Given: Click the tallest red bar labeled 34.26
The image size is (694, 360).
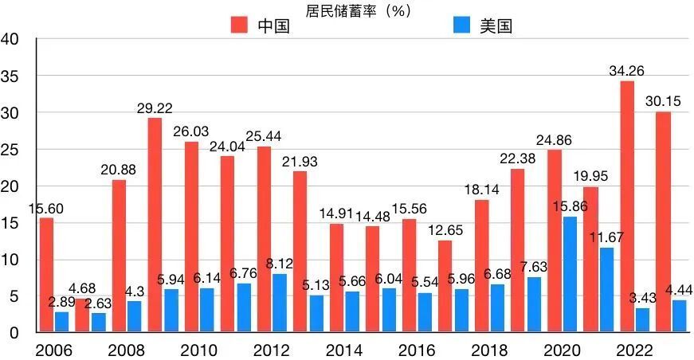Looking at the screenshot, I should pyautogui.click(x=627, y=207).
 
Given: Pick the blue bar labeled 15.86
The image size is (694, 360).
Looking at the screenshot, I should pyautogui.click(x=570, y=275).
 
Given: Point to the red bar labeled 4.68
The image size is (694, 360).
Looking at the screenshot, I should pyautogui.click(x=82, y=315).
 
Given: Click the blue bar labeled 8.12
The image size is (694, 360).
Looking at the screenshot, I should pyautogui.click(x=280, y=303).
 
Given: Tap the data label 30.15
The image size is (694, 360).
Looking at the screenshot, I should pyautogui.click(x=664, y=102).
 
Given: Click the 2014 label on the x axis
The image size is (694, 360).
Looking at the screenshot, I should pyautogui.click(x=345, y=350).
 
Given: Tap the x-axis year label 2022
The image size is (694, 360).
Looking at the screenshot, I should pyautogui.click(x=635, y=350).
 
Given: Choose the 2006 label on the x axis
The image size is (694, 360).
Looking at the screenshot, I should pyautogui.click(x=54, y=350).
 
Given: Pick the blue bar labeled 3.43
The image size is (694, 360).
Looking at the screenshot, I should pyautogui.click(x=642, y=320).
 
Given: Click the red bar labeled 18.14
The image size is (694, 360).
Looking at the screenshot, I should pyautogui.click(x=481, y=266).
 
